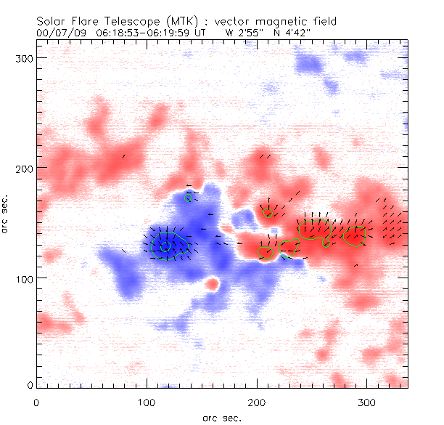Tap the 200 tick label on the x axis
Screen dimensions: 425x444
257,401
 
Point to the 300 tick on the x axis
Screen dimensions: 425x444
367,401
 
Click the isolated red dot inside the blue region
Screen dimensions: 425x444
213,283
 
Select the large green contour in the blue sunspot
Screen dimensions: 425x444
170,245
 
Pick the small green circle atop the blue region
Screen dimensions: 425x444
189,197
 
